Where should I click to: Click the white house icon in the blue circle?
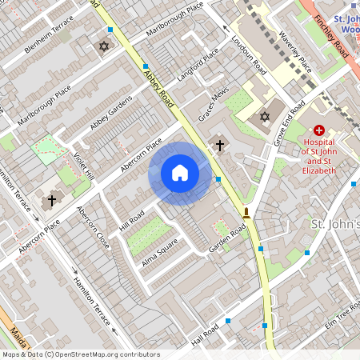click(180, 173)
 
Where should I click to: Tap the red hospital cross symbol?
click(319, 130)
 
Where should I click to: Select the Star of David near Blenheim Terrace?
click(102, 46)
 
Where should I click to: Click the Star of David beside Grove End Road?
click(264, 118)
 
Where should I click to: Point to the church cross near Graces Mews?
click(221, 145)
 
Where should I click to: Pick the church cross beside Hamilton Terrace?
click(53, 199)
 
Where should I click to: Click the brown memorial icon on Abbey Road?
click(246, 213)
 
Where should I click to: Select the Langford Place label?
click(198, 64)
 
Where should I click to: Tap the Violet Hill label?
click(84, 166)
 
